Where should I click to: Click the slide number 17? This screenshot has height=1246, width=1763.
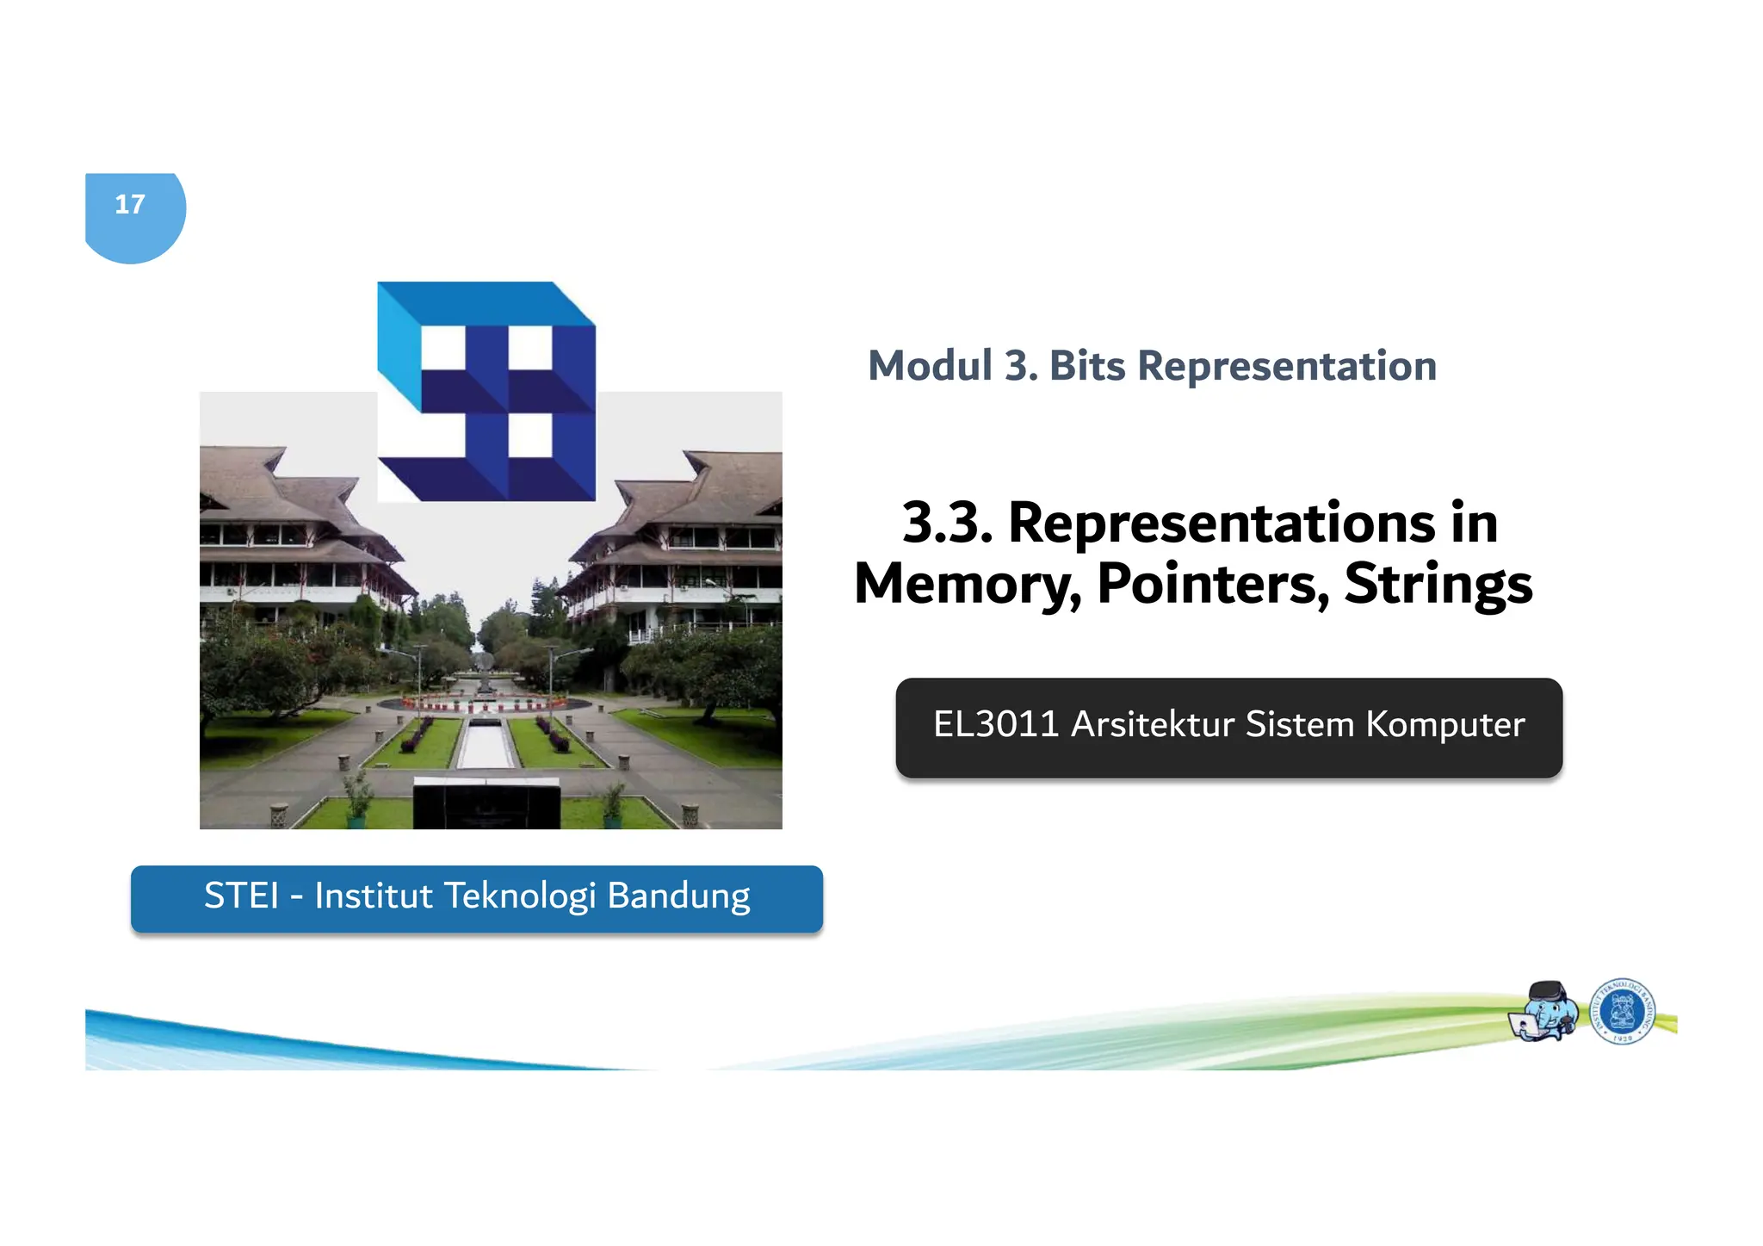point(130,205)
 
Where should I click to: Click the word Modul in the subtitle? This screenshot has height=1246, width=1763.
point(930,366)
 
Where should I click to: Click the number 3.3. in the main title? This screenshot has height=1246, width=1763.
point(947,523)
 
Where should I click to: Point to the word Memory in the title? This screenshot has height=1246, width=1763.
point(968,585)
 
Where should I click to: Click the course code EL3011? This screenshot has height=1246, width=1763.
point(995,724)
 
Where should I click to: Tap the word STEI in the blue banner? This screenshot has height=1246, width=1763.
point(242,896)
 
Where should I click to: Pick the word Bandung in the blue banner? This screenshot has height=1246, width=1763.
point(678,896)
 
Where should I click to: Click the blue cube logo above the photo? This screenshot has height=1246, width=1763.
point(487,392)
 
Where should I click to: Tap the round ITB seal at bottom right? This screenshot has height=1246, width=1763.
point(1622,1011)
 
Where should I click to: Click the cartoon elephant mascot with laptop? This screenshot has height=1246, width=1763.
point(1545,1012)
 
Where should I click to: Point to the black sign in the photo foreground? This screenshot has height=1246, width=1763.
point(486,803)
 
